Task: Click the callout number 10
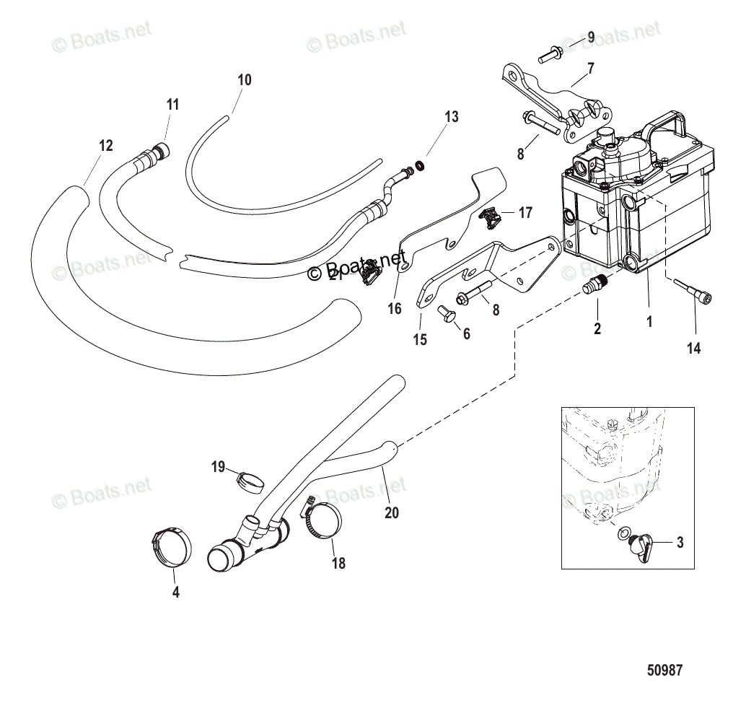point(245,80)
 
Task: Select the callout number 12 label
point(105,146)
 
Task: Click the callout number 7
point(590,69)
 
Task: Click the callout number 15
point(421,339)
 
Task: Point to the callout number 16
point(394,310)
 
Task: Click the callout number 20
point(392,513)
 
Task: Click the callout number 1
point(649,323)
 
